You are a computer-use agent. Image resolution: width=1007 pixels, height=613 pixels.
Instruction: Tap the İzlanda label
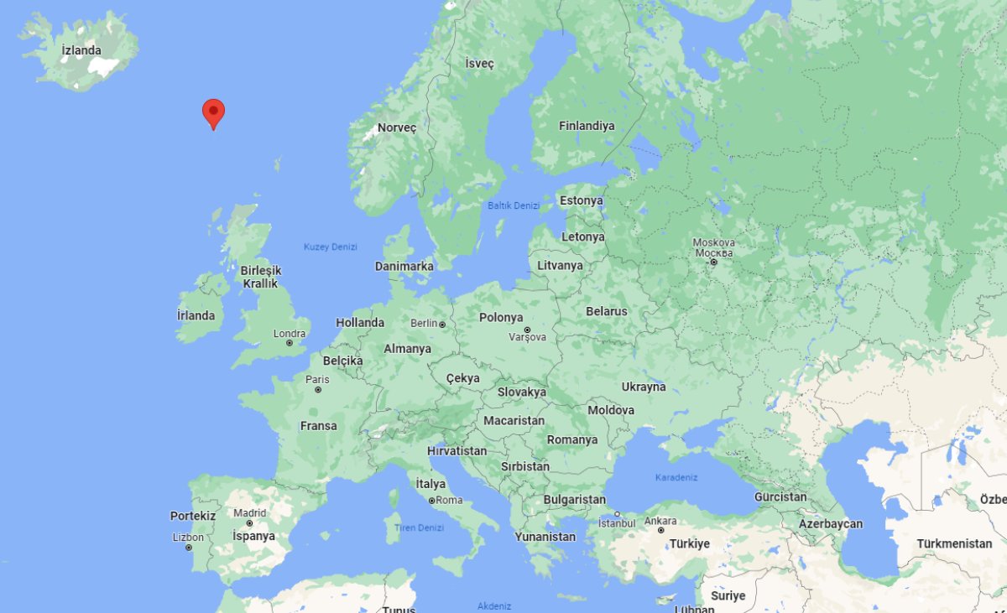click(x=81, y=50)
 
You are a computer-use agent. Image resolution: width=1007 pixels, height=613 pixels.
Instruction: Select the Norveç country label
click(x=396, y=127)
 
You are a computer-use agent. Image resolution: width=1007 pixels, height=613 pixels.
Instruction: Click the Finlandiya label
click(x=587, y=126)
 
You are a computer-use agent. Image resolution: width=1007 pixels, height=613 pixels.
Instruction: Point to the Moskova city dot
click(x=713, y=262)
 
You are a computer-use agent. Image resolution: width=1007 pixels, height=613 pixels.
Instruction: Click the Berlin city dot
click(x=442, y=324)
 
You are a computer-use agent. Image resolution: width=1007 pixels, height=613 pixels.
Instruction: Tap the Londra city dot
click(x=290, y=343)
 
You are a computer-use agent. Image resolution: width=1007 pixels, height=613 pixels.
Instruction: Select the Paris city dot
click(x=317, y=389)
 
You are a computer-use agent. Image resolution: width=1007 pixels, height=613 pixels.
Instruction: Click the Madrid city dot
click(x=249, y=523)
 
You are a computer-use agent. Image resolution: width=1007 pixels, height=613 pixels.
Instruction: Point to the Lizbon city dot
click(x=188, y=548)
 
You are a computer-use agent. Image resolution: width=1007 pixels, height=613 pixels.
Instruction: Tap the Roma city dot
click(x=431, y=501)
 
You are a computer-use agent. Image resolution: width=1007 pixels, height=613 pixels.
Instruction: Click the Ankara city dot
click(x=660, y=530)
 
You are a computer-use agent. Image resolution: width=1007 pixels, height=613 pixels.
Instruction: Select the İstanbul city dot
click(x=617, y=514)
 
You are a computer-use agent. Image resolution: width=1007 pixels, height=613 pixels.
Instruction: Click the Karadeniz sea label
click(x=676, y=477)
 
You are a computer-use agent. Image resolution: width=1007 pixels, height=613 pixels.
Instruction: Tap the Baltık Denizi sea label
click(x=514, y=205)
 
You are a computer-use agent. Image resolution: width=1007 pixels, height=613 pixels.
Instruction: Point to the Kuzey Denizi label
click(x=331, y=247)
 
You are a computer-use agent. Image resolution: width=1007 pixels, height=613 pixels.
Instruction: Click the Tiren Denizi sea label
click(x=419, y=527)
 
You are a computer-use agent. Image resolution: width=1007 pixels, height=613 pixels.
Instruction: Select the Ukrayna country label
click(x=644, y=387)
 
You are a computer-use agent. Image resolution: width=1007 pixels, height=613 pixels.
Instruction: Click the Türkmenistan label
click(x=954, y=543)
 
